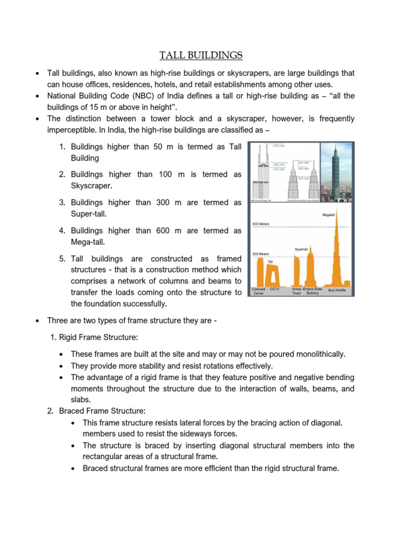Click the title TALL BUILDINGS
point(201,55)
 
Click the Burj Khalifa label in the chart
point(337,289)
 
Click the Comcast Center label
point(259,291)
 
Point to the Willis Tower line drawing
point(266,173)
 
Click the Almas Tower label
point(297,291)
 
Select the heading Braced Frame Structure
point(97,411)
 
